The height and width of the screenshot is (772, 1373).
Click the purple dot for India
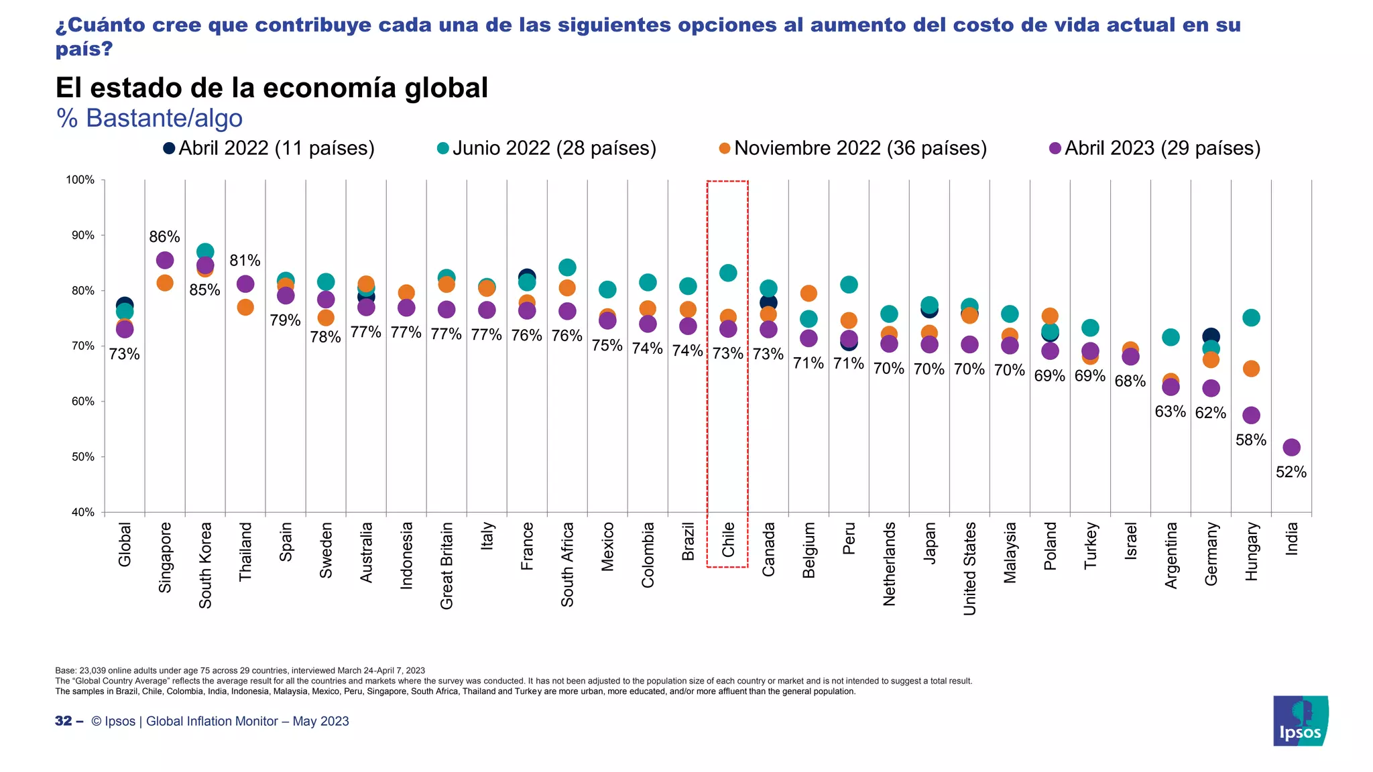1291,447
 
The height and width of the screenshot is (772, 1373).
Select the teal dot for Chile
728,273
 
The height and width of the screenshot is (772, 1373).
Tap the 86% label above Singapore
164,237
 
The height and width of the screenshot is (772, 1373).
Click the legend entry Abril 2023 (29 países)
1154,148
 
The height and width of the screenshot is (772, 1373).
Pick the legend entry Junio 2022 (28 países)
546,148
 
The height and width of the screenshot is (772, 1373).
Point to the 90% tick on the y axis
80,235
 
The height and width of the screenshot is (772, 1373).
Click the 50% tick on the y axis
80,457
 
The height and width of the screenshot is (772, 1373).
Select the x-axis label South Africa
567,564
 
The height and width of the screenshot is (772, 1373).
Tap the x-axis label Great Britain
446,566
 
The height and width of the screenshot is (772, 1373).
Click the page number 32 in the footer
64,721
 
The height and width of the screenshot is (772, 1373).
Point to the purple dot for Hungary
1251,415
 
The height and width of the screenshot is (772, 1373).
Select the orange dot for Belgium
809,293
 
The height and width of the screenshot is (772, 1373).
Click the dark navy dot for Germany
1211,336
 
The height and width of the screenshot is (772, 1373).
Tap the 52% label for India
1291,472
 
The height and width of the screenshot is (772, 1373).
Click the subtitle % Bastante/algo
150,118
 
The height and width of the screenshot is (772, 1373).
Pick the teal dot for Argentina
1171,337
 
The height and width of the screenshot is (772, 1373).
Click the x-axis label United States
969,568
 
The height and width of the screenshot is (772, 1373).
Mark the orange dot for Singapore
165,283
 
